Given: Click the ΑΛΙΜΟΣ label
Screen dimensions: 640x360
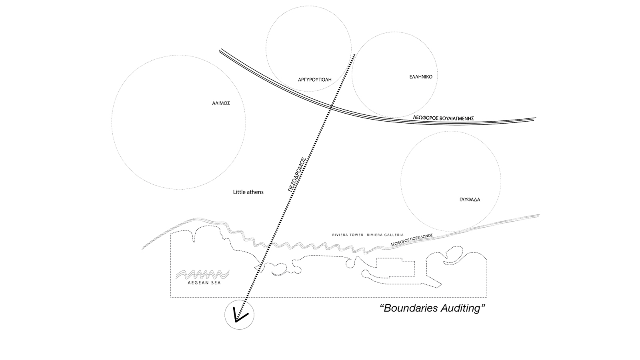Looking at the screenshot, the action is point(221,103).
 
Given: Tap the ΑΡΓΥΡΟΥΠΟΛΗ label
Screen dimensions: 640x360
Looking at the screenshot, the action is point(314,80).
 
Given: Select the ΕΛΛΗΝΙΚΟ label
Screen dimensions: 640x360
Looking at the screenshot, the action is point(421,76).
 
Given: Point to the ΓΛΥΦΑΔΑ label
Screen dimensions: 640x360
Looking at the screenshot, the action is point(470,200).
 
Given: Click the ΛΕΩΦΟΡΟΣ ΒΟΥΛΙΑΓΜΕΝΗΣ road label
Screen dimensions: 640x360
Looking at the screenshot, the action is point(444,118).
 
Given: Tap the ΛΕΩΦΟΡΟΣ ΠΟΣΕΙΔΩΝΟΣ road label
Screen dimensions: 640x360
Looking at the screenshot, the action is point(412,240).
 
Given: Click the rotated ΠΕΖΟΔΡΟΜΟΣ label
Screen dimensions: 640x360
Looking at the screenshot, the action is point(297,174).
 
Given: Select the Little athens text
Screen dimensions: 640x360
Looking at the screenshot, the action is point(248,192).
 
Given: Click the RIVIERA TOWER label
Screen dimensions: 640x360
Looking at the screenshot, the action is point(348,235).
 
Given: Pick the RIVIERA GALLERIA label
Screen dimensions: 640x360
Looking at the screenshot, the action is point(385,235).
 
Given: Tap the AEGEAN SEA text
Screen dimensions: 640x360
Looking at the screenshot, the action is point(204,283).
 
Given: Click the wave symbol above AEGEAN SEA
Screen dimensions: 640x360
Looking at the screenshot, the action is point(202,274).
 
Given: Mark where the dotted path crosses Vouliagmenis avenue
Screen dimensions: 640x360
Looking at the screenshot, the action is point(332,107).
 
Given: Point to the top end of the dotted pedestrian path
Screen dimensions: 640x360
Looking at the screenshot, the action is point(354,54).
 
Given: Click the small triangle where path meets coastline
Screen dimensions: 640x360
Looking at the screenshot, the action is point(258,268).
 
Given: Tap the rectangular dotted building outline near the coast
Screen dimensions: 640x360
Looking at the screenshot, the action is point(396,267).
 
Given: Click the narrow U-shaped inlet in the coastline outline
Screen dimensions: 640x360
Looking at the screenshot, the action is point(194,236).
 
